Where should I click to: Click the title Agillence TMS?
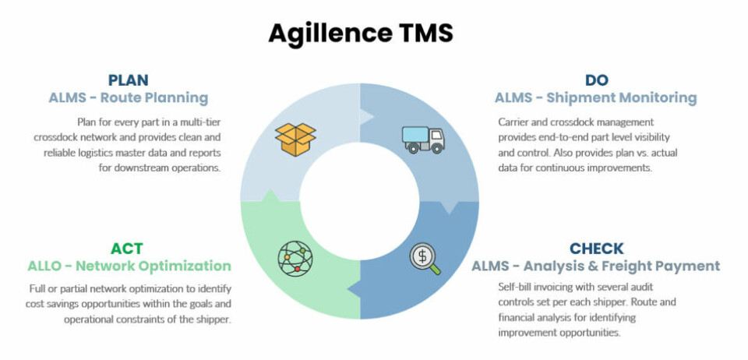click(360, 33)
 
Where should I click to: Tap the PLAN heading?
click(128, 80)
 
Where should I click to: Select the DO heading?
click(596, 80)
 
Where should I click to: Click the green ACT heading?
click(126, 249)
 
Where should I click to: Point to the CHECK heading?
click(596, 249)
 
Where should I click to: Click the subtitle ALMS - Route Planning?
click(129, 98)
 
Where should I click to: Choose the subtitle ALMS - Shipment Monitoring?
click(595, 98)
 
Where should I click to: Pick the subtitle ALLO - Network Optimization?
click(129, 266)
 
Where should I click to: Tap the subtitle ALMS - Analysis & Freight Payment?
click(595, 266)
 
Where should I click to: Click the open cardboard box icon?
click(295, 138)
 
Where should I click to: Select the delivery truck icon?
click(423, 139)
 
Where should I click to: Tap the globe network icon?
click(295, 258)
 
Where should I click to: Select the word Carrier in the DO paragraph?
click(513, 122)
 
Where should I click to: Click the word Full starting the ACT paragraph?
click(37, 288)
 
